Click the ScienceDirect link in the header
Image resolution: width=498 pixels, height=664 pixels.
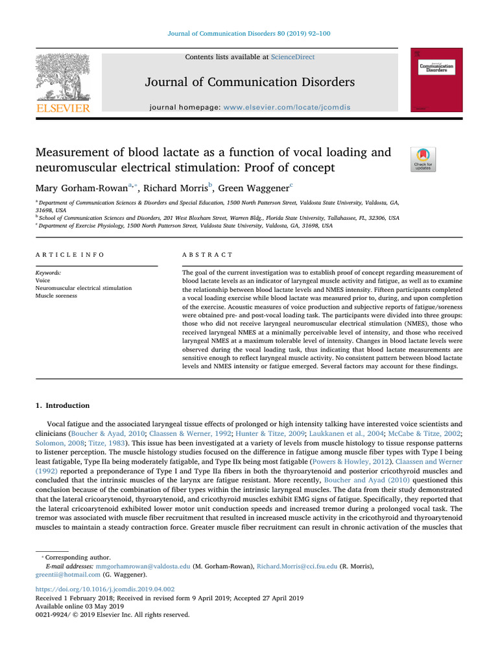pos(293,57)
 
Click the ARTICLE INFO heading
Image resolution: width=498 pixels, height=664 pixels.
pos(69,255)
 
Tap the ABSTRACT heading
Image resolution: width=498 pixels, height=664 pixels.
pos(208,255)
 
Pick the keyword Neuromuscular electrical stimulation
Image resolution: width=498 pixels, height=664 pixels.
pos(84,288)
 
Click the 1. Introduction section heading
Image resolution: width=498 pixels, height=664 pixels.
pos(62,406)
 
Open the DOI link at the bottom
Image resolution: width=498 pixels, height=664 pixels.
pos(105,589)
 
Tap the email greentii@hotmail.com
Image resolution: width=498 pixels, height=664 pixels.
pos(67,575)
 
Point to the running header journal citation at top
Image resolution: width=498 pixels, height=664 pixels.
pos(249,34)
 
